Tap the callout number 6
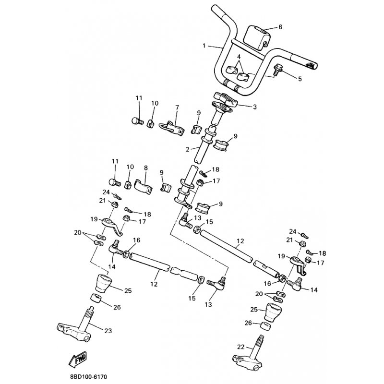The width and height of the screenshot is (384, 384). point(280,27)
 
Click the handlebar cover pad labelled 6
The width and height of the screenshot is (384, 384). point(257,37)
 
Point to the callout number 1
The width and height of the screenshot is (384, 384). point(204,46)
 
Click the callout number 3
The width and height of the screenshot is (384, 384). point(255,107)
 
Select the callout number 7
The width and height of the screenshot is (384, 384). point(177,108)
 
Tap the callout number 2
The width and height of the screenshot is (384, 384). point(187,149)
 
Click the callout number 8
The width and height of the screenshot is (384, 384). point(146,168)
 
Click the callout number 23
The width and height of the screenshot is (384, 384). point(108,331)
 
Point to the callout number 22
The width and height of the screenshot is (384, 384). point(241,347)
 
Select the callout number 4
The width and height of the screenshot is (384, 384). point(239,57)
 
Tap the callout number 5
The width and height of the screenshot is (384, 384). point(300,79)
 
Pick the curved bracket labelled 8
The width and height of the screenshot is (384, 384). point(144,187)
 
